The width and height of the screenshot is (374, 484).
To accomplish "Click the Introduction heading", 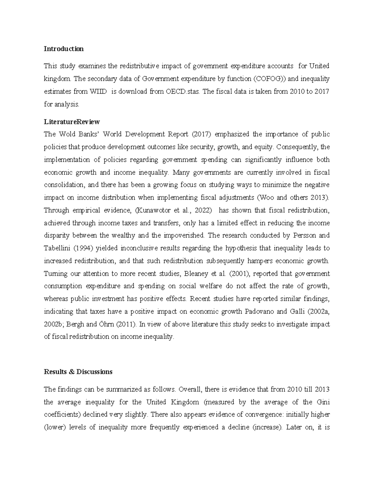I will pyautogui.click(x=64, y=49).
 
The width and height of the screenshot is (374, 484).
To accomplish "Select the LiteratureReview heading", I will pyautogui.click(x=72, y=122).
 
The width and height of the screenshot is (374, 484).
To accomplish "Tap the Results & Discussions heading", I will pyautogui.click(x=78, y=372).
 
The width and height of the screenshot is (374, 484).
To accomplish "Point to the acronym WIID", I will pyautogui.click(x=98, y=92).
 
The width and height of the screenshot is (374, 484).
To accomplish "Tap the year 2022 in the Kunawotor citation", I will pyautogui.click(x=203, y=210).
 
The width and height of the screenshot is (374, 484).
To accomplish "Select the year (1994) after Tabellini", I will pyautogui.click(x=83, y=248).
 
